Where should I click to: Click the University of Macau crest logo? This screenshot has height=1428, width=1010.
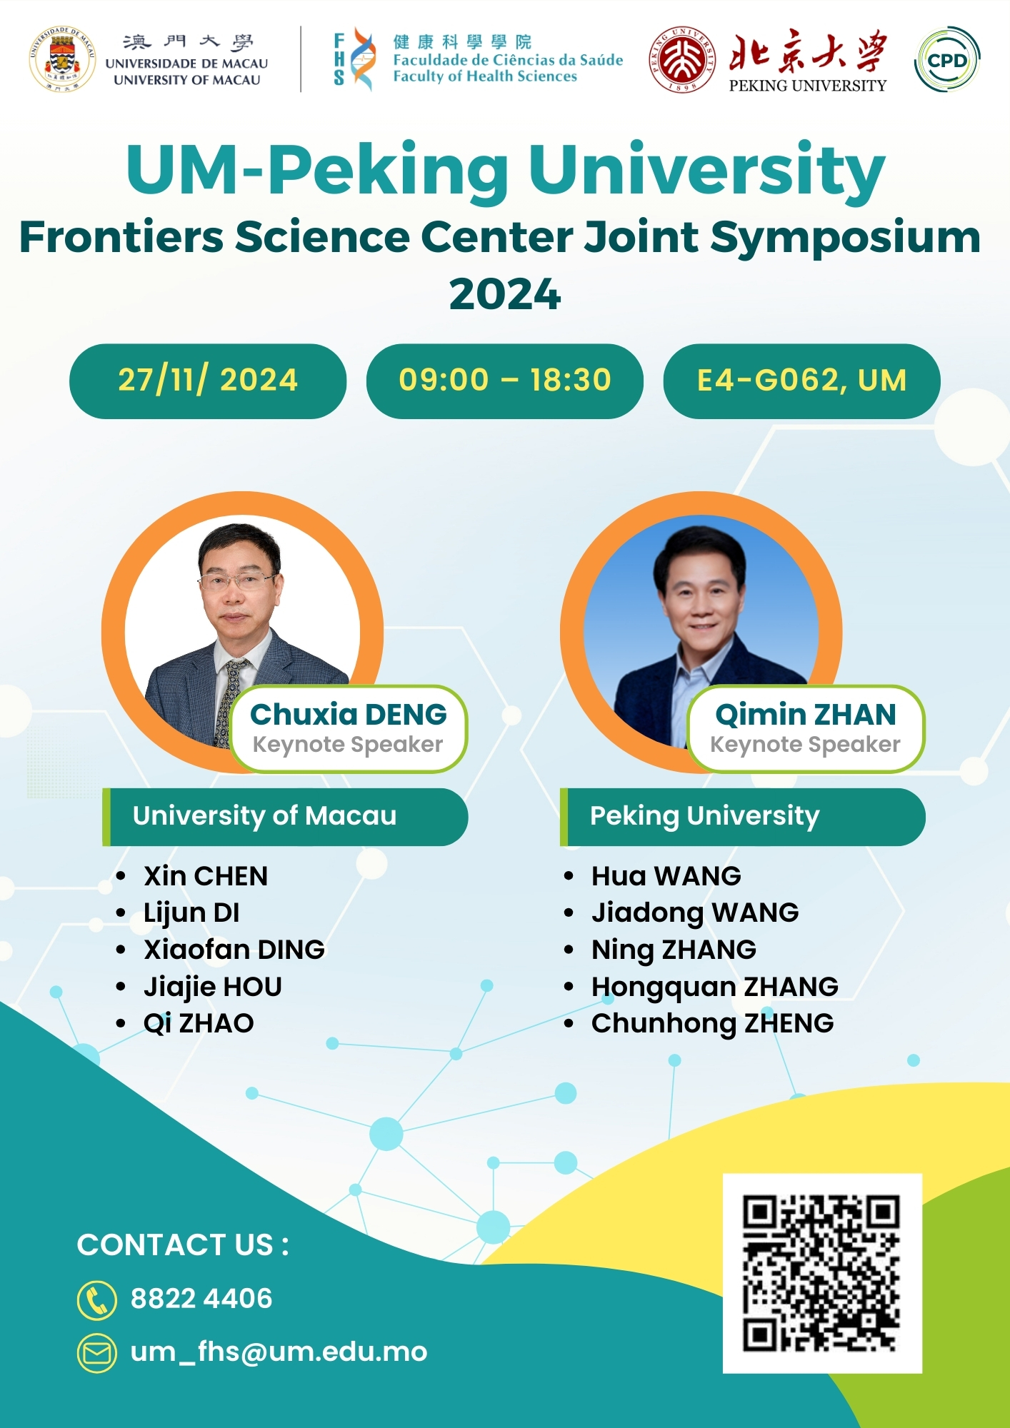coord(63,59)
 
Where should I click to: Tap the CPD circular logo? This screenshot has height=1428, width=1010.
coord(946,59)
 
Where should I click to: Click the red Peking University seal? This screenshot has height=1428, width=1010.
coord(682,60)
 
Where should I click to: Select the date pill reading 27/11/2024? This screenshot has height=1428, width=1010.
coord(208,381)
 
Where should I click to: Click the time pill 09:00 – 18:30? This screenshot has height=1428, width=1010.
coord(505,381)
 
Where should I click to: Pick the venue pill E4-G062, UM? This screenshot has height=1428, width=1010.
coord(801,381)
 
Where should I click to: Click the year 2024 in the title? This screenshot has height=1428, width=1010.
coord(505,293)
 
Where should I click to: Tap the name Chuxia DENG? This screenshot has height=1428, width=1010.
coord(349,714)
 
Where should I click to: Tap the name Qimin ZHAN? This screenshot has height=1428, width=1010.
coord(806,714)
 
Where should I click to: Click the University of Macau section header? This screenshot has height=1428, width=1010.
coord(285,817)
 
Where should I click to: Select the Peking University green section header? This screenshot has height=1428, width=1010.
coord(743,817)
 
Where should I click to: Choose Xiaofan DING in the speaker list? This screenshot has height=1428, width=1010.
coord(234,950)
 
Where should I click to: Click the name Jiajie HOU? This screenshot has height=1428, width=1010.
coord(213,987)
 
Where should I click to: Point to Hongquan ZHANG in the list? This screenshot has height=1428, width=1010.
coord(715,987)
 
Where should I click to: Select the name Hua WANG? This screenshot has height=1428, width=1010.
coord(666,876)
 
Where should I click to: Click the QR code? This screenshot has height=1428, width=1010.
coord(822,1273)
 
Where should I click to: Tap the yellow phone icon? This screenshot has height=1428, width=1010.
coord(96,1299)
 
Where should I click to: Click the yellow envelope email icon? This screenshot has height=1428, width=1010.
coord(96,1352)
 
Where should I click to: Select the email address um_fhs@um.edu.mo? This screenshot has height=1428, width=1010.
coord(279,1352)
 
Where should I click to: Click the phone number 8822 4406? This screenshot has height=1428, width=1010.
coord(201,1299)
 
